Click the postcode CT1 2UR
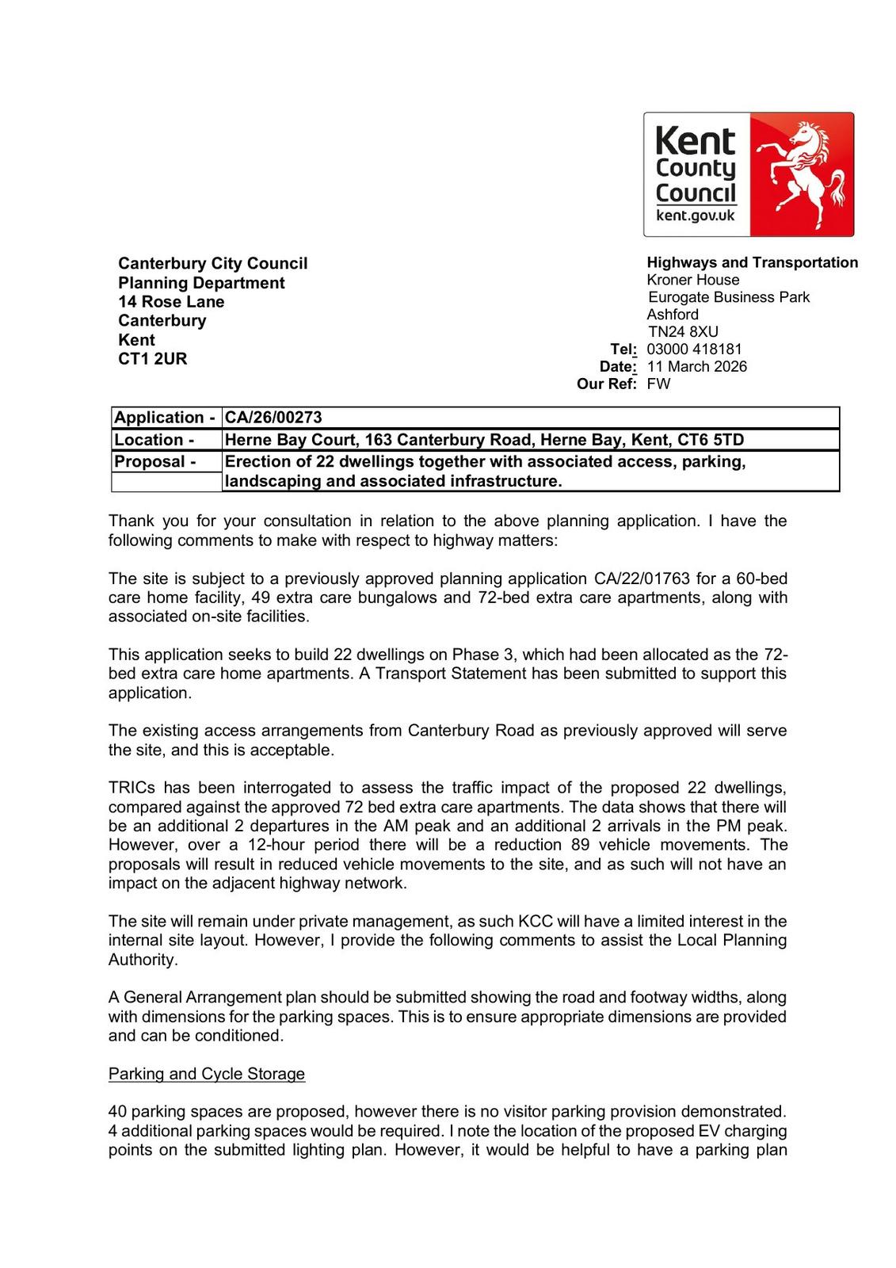pos(153,358)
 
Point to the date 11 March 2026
pos(696,366)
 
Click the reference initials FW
pos(658,384)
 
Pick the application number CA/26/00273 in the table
pos(274,418)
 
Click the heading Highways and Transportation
pos(752,262)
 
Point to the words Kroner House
pos(692,280)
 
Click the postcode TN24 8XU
pos(683,331)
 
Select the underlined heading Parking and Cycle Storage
pos(207,1074)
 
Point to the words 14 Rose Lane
pos(171,301)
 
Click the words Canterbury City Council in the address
pos(212,263)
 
